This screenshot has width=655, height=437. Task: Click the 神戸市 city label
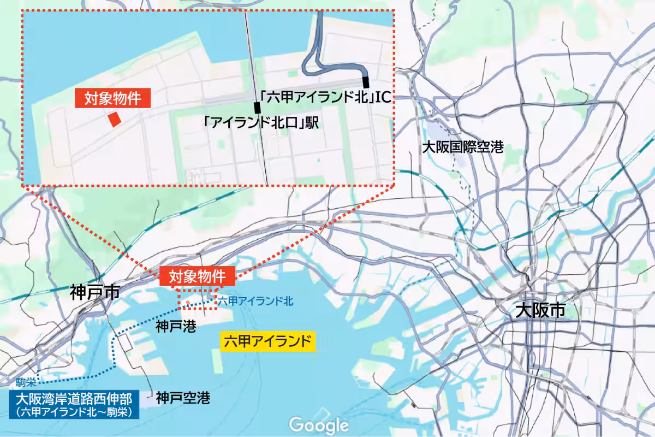pyautogui.click(x=94, y=292)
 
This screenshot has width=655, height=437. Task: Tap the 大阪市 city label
pyautogui.click(x=540, y=311)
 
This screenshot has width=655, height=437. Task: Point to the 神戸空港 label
pyautogui.click(x=183, y=398)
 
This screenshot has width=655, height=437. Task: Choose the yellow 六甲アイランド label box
pyautogui.click(x=267, y=342)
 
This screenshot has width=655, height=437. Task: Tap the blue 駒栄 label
pyautogui.click(x=25, y=382)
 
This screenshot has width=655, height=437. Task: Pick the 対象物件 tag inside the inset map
pyautogui.click(x=112, y=98)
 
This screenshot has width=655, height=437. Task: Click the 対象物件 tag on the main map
pyautogui.click(x=197, y=276)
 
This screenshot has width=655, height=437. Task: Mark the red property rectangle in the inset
pyautogui.click(x=114, y=119)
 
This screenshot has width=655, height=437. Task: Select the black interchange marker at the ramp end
pyautogui.click(x=366, y=82)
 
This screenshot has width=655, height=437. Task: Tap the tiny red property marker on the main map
pyautogui.click(x=187, y=302)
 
